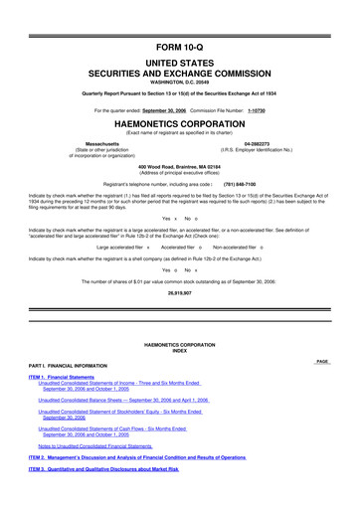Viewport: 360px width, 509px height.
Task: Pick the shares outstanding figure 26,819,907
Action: (179, 294)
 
